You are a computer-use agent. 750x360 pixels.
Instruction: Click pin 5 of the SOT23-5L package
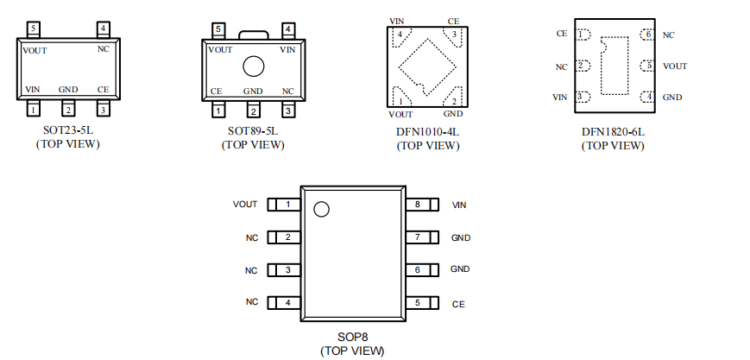coord(33,29)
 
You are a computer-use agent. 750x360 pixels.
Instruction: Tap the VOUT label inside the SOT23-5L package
coord(35,51)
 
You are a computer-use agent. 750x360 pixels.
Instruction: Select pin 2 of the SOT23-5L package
coord(68,109)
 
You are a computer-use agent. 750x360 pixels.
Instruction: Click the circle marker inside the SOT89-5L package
coord(254,66)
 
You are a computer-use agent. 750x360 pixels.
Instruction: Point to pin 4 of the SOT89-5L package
coord(288,30)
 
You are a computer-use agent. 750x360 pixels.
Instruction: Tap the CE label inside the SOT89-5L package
coord(217,91)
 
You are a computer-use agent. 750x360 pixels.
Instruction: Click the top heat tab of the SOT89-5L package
coord(254,35)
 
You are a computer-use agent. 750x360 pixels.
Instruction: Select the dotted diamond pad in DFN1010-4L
coord(427,66)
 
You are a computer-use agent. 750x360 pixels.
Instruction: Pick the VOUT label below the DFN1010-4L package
coord(400,115)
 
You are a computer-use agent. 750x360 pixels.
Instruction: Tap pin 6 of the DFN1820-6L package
coord(646,35)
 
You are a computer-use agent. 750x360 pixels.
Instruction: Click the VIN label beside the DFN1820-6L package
coord(559,98)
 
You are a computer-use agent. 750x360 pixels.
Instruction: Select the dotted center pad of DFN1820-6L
coord(614,66)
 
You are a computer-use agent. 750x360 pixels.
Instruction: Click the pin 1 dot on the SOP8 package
coord(321,209)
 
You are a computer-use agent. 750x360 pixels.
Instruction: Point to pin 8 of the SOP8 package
coord(422,205)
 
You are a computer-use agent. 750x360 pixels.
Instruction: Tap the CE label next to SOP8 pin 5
coord(458,304)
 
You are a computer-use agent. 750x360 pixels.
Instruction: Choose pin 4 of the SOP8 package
coord(284,302)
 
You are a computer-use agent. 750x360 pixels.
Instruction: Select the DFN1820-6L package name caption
coord(613,131)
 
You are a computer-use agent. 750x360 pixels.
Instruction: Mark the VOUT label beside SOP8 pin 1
coord(245,204)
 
